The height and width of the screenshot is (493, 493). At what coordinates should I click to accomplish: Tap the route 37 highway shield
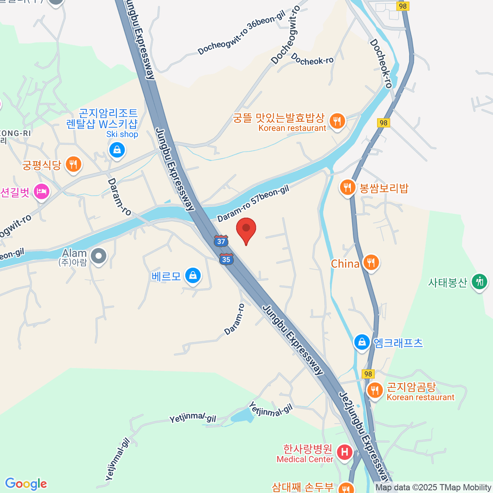pos(221,241)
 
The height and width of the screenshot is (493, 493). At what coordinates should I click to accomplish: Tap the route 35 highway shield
pos(226,259)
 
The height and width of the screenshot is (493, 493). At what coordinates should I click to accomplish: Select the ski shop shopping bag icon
pos(117,150)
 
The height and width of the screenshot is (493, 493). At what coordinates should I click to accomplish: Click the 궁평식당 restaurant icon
pos(74,165)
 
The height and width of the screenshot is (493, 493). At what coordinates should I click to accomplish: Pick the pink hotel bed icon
pos(41,191)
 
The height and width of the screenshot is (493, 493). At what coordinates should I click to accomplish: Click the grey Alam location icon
pos(99,256)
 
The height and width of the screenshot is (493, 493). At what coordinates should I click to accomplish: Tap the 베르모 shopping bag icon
pos(193,276)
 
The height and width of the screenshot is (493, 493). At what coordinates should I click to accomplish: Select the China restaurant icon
pos(371,263)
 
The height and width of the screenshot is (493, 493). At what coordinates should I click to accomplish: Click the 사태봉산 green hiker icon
pos(479,282)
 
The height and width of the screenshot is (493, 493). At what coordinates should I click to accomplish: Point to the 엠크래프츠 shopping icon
pos(362,342)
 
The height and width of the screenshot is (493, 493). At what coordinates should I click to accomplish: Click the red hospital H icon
pos(344,452)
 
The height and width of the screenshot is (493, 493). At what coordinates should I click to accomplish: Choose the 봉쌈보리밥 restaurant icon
pos(348,187)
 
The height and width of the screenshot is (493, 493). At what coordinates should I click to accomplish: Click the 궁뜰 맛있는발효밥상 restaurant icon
pos(337,121)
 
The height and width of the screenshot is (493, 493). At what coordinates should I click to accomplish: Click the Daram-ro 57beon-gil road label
pos(253,204)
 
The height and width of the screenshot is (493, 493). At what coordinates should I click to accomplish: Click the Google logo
pos(26,484)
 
